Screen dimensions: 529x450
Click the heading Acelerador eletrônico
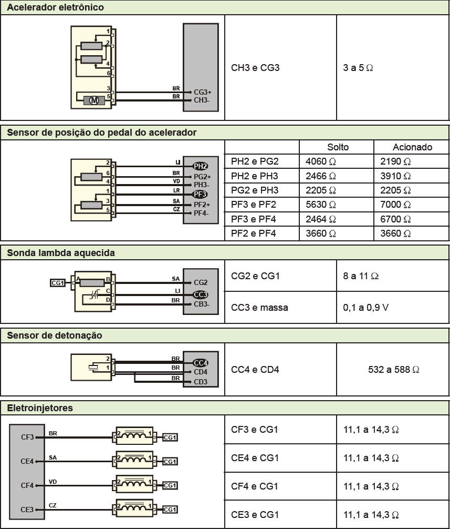click(x=55, y=7)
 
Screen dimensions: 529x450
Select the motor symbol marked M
click(x=94, y=100)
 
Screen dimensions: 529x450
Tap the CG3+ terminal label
click(x=202, y=92)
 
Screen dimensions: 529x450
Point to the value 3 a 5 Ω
click(x=358, y=68)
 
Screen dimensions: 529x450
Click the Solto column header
click(x=338, y=147)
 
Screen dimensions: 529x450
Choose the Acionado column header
click(x=412, y=147)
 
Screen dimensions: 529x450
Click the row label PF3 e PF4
click(x=255, y=219)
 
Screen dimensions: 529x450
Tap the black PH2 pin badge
click(x=201, y=166)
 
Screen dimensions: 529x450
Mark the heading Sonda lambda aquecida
click(x=61, y=252)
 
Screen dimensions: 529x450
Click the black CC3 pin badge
click(x=201, y=294)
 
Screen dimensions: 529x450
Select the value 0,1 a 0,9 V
click(x=366, y=307)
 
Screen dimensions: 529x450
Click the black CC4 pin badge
click(x=201, y=362)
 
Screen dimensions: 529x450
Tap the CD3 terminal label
click(x=201, y=381)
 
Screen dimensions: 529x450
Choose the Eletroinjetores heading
click(x=40, y=408)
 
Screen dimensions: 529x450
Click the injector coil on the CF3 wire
click(x=134, y=436)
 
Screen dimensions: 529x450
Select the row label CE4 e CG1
click(x=255, y=458)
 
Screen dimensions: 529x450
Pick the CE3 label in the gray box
click(x=27, y=509)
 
